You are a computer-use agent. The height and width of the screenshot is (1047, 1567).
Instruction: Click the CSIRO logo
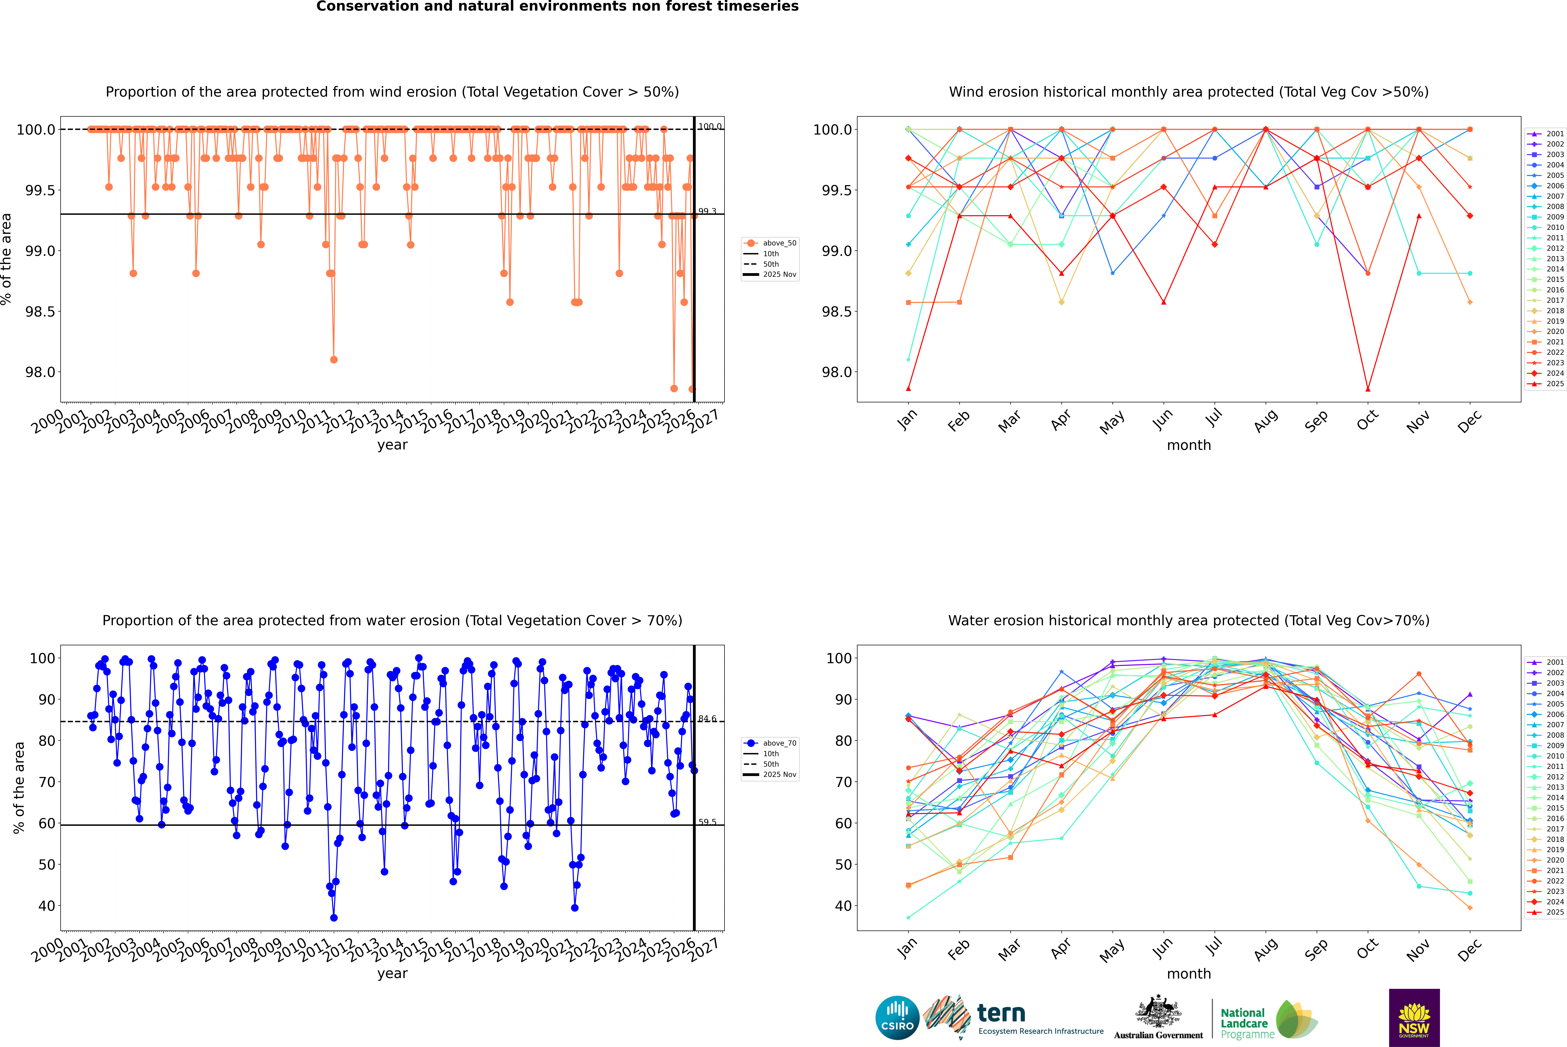pos(897,1018)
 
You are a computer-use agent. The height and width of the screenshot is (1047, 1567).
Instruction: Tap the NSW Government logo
pos(1414,1018)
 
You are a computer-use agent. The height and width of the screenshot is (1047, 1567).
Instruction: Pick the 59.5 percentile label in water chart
pos(707,822)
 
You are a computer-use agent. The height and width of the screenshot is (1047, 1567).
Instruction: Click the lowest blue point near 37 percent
pos(334,917)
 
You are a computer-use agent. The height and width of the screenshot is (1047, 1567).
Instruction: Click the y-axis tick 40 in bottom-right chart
pos(843,906)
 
